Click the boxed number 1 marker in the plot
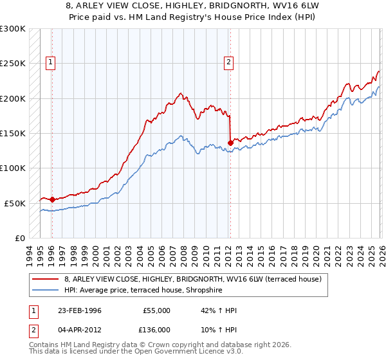(x=50, y=62)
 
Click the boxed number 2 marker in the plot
(x=228, y=62)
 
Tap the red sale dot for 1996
(x=52, y=199)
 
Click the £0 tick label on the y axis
(x=19, y=238)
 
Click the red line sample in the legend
(x=46, y=279)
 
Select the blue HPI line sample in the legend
(x=46, y=290)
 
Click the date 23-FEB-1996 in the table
(x=84, y=310)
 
